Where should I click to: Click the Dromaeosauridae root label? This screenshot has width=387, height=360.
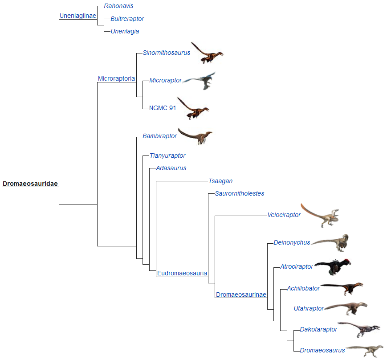tap(30, 184)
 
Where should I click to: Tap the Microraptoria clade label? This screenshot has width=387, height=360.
tap(116, 79)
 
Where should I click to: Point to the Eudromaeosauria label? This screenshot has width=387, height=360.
tap(182, 273)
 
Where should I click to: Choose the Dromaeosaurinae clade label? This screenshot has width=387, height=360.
tap(241, 295)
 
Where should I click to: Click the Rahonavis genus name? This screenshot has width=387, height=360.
tap(118, 6)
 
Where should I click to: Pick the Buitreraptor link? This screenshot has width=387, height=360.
tap(127, 19)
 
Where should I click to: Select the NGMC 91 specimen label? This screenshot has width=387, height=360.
tap(163, 107)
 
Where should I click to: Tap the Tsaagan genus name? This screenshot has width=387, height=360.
tap(220, 181)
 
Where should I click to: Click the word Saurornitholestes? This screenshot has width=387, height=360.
tap(240, 193)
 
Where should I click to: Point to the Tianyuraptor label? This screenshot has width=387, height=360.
tap(167, 155)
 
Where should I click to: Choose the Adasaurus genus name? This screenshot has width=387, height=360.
tap(171, 168)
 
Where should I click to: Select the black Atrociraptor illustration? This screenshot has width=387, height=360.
tap(333, 266)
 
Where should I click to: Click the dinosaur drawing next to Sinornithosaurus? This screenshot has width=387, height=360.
tap(207, 53)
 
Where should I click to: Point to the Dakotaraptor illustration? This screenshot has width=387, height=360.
tap(359, 329)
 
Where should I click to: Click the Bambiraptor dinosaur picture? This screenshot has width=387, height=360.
tap(196, 136)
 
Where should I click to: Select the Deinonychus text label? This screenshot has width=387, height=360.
tap(292, 243)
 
